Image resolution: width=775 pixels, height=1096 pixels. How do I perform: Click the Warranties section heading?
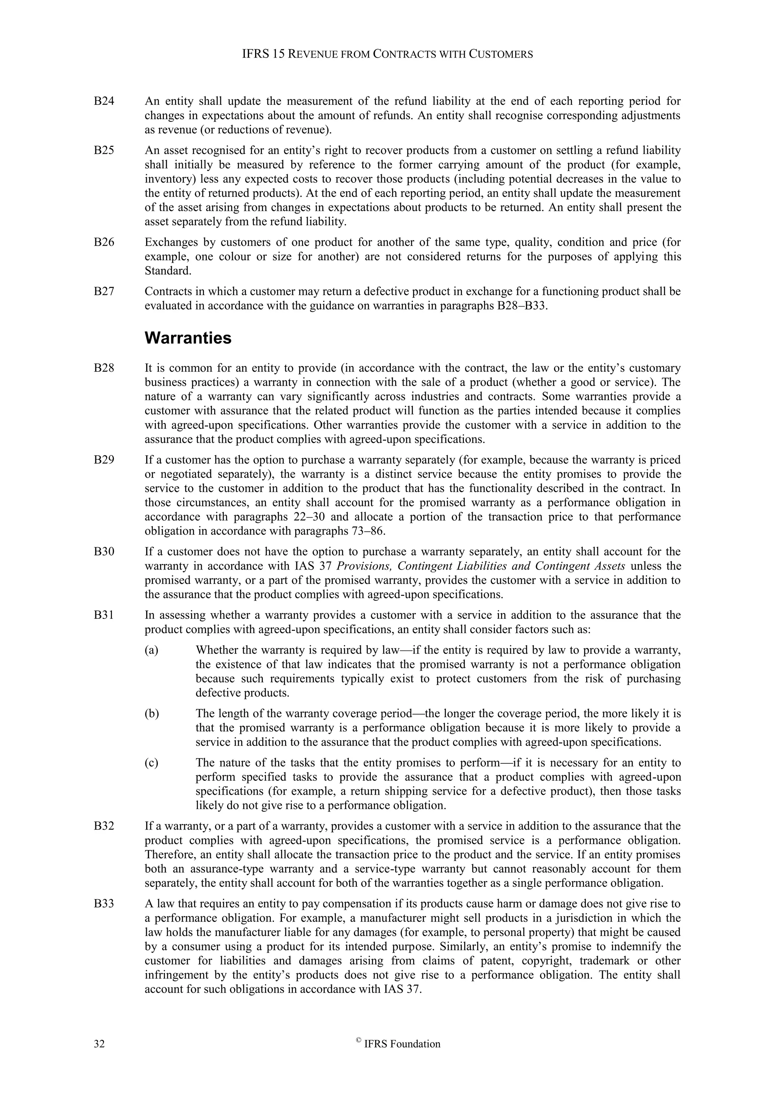[x=188, y=338]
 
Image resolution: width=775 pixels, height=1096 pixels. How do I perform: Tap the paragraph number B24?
[x=104, y=101]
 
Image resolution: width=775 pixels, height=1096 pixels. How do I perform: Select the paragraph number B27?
[x=104, y=291]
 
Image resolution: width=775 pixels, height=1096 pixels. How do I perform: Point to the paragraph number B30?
[x=104, y=552]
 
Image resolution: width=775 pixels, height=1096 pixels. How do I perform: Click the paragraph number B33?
[x=104, y=904]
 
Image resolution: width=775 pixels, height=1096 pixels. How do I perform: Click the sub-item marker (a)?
[x=151, y=650]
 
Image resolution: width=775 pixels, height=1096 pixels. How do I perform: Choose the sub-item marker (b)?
[x=152, y=714]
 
